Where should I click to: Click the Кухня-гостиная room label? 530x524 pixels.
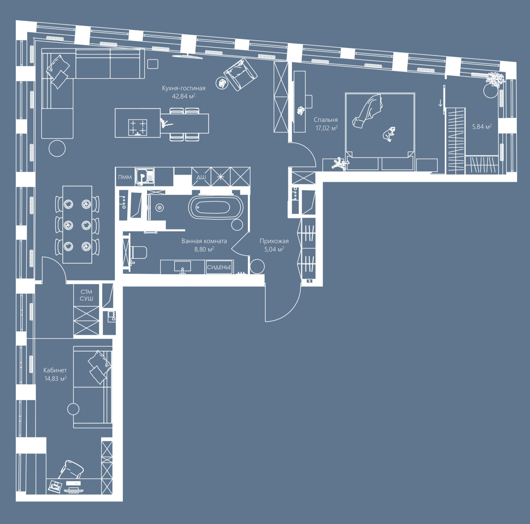point(184,88)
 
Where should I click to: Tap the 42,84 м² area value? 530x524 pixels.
point(184,96)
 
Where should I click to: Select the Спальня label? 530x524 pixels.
point(326,120)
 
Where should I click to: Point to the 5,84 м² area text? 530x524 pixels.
point(482,127)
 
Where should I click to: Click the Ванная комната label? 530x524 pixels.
point(204,241)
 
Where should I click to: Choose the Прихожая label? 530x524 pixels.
point(274,241)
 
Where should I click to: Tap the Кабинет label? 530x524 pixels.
point(55,370)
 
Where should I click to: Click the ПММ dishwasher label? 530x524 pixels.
point(125,177)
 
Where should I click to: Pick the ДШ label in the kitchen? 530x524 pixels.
point(201,177)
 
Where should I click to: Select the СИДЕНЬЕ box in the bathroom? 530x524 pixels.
point(219,267)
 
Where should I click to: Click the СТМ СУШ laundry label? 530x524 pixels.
point(86,295)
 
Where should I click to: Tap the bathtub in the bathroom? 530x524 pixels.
point(216,207)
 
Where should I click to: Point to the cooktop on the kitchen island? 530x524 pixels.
point(138,127)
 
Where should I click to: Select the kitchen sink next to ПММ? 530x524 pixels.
point(145,176)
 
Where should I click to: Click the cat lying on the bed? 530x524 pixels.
point(389,134)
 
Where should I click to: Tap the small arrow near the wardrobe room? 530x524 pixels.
point(440,103)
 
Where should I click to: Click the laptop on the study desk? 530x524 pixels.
point(55,486)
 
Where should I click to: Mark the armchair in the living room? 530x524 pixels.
point(240,74)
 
